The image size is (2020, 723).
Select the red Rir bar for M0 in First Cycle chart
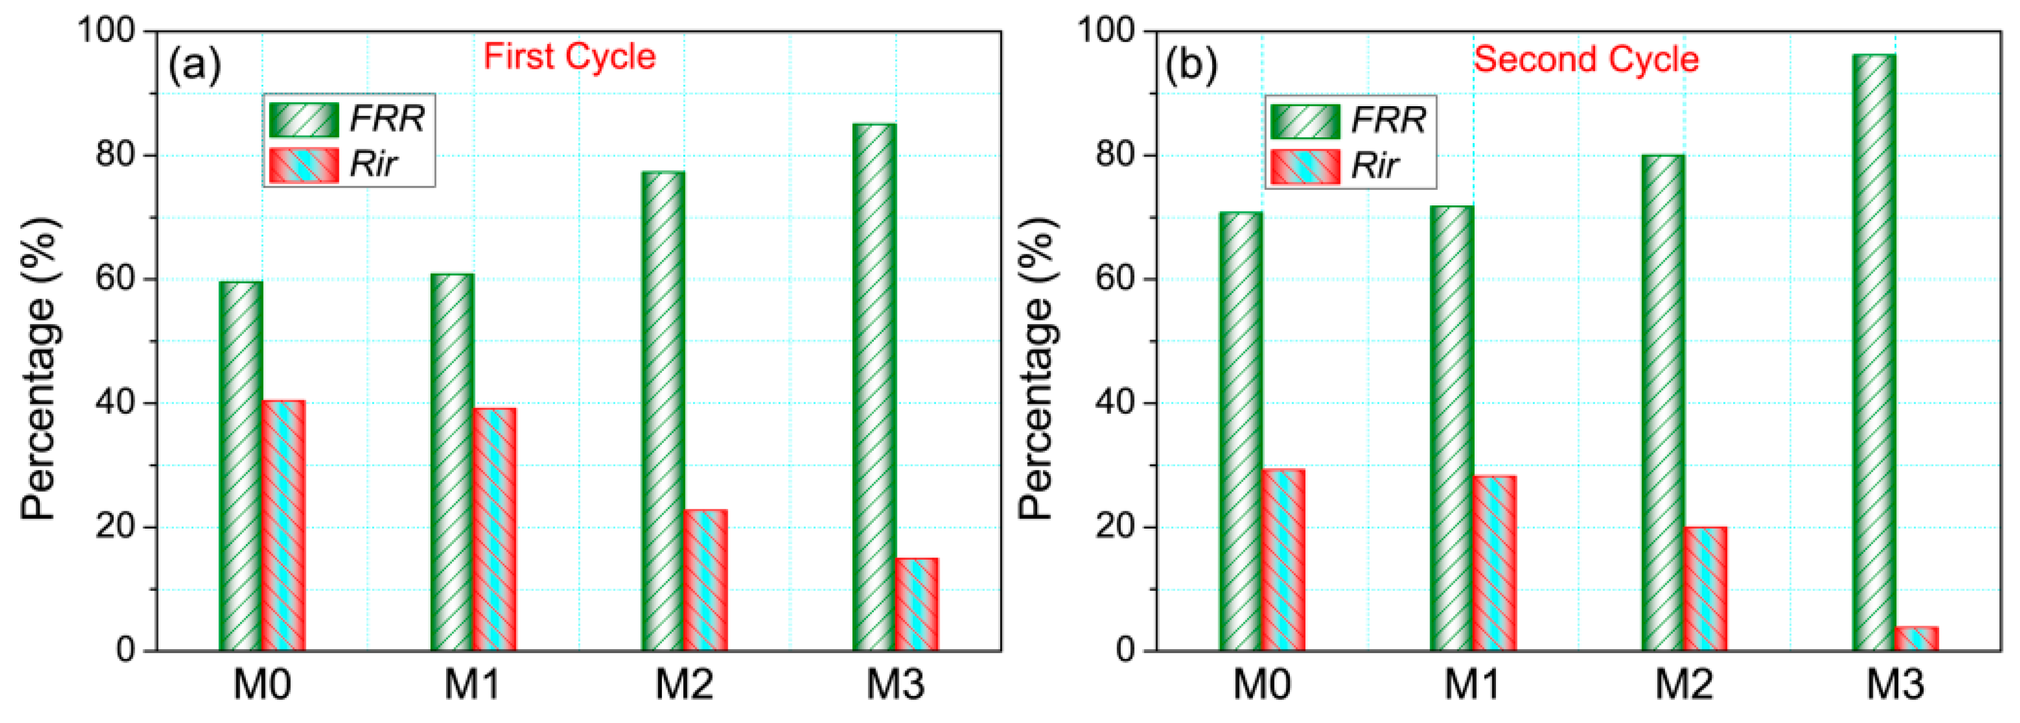[284, 526]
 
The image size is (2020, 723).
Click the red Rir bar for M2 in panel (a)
[706, 580]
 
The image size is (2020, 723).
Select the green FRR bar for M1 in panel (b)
[1452, 428]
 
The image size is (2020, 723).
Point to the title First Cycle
[569, 57]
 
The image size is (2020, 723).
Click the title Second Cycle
[1585, 59]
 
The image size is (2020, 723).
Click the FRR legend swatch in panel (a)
[304, 119]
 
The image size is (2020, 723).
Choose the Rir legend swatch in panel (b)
[1305, 166]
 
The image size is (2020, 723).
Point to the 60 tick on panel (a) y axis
[115, 279]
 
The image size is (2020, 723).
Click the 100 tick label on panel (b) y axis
[1106, 31]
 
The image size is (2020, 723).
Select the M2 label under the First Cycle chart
[684, 684]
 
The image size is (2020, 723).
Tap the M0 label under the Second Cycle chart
[1261, 684]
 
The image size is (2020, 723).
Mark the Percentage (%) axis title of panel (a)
[39, 369]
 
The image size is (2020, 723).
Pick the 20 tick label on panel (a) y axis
[115, 527]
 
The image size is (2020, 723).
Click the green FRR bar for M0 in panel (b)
[1240, 431]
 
